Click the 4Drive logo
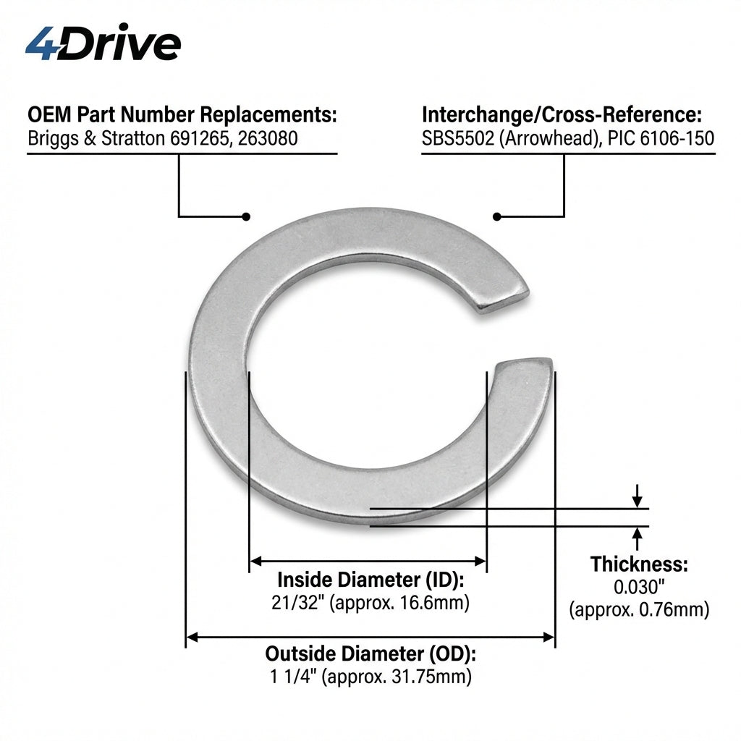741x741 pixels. (103, 42)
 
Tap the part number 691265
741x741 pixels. (200, 138)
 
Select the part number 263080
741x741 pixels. (268, 138)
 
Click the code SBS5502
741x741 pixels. (457, 138)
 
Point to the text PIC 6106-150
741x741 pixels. (661, 138)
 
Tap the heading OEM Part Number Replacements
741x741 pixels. (182, 114)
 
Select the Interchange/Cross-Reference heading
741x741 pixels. (562, 115)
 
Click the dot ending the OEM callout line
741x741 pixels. (246, 216)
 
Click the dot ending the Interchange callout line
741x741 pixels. (496, 216)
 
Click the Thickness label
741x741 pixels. (639, 564)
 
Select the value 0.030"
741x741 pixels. (639, 587)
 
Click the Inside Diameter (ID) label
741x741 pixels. (370, 580)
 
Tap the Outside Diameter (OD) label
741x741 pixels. (370, 654)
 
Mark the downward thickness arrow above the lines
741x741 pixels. (638, 496)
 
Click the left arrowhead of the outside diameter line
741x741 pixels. (192, 638)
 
